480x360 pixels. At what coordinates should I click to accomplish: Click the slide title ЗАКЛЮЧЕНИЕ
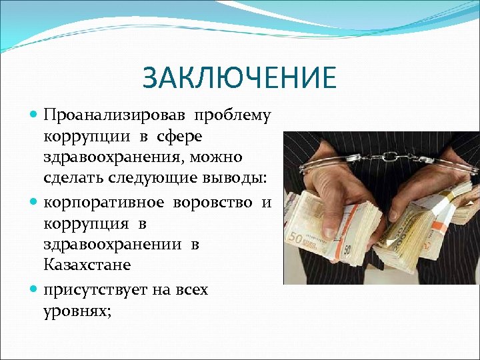(239, 78)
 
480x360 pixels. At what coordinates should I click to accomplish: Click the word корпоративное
(106, 201)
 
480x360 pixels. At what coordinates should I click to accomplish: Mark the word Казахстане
(87, 265)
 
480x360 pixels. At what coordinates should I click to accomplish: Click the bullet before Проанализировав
(34, 115)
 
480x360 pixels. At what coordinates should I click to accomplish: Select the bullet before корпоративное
(34, 201)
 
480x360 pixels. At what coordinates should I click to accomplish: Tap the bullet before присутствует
(34, 290)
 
